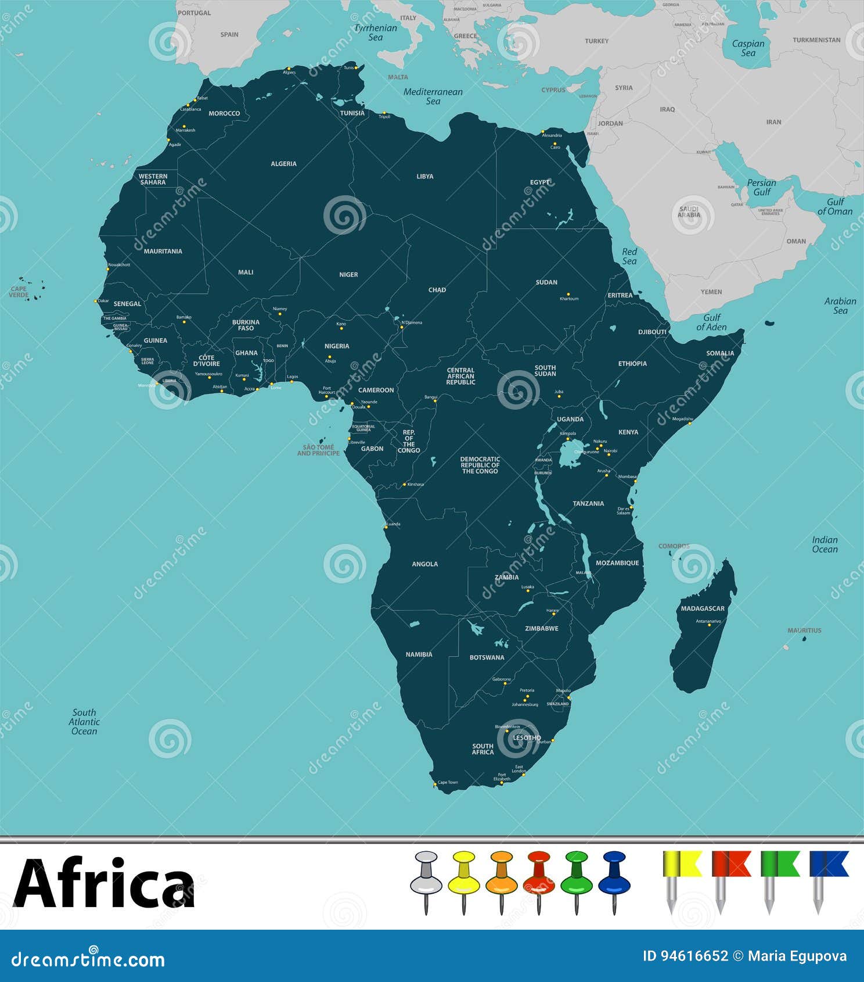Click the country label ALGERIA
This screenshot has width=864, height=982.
283,164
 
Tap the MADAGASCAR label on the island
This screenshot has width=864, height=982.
703,608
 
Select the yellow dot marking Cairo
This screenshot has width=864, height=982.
555,144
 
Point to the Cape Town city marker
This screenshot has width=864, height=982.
435,785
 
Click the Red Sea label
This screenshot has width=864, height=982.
629,256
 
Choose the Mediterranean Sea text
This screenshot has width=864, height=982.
433,96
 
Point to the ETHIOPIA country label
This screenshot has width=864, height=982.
632,364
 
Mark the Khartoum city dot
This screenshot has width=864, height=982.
568,294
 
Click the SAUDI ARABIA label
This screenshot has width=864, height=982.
689,212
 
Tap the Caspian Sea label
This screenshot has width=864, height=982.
748,48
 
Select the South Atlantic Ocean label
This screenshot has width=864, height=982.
84,722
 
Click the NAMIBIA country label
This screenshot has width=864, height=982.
419,654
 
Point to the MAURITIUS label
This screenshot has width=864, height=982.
804,630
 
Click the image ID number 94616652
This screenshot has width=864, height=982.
685,956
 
